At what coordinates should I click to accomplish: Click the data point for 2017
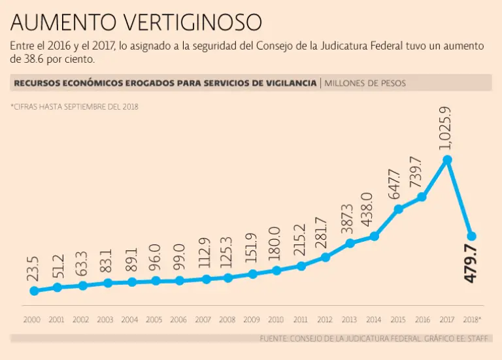click(x=447, y=159)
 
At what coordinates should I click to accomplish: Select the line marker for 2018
click(x=471, y=236)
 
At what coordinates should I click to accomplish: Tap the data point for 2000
click(x=34, y=291)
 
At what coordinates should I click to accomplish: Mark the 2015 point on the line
click(x=398, y=209)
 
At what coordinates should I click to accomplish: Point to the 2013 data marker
click(x=350, y=243)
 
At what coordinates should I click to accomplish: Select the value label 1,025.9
click(x=447, y=128)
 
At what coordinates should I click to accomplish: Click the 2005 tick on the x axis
click(x=155, y=320)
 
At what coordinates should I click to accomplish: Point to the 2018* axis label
click(x=472, y=320)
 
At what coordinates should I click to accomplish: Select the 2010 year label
click(x=276, y=320)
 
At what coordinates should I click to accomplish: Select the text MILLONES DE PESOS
click(x=365, y=83)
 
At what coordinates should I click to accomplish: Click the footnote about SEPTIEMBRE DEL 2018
click(x=75, y=106)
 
